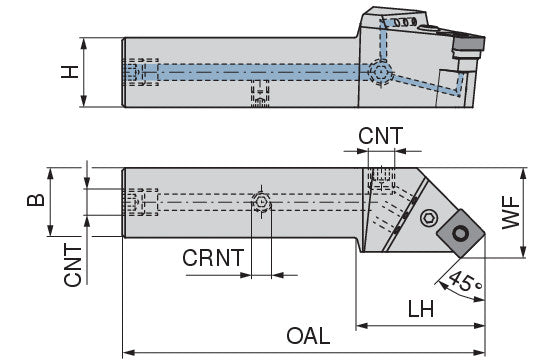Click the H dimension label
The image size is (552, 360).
[70, 72]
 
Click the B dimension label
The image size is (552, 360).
[36, 200]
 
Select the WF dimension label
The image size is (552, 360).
[511, 213]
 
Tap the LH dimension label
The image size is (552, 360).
[421, 309]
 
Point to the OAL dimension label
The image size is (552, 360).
[308, 336]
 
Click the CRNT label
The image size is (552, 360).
[213, 258]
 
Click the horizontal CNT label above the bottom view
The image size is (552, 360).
[381, 136]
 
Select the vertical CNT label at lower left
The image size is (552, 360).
[73, 266]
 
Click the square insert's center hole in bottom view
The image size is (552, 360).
[460, 233]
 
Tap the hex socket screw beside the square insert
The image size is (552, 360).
[429, 218]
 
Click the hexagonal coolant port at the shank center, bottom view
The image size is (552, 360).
[261, 202]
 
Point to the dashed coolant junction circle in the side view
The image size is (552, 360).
[380, 72]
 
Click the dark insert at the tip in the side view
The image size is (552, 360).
[468, 43]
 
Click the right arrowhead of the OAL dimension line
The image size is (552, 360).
[480, 352]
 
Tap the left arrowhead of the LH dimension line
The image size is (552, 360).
[362, 326]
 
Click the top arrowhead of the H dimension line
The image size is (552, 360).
[84, 44]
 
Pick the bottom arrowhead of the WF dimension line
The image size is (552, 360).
[523, 252]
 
